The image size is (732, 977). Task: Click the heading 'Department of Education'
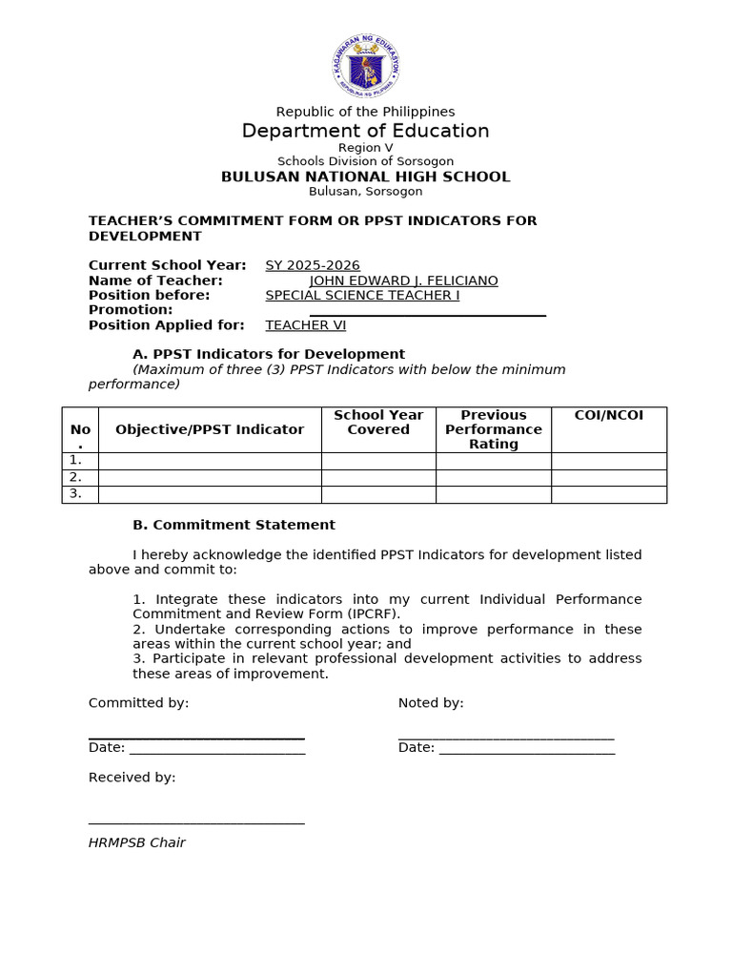365,131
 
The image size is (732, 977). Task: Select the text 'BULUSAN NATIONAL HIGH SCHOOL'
365,177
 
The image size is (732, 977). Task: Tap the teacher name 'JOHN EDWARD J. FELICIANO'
403,281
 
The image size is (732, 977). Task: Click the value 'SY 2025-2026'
313,265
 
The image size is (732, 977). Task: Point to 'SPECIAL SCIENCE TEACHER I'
362,295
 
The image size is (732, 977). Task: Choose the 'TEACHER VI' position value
305,325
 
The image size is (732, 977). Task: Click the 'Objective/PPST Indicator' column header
210,429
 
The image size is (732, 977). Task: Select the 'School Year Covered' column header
378,422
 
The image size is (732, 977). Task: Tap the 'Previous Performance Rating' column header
493,429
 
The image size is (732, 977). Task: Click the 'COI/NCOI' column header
609,415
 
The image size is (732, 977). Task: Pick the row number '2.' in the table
75,477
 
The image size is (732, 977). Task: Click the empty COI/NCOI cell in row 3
609,494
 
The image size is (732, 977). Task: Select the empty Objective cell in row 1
210,461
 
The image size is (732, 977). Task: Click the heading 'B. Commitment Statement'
234,525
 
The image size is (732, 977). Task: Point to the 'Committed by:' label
138,703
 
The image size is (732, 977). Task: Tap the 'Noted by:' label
431,703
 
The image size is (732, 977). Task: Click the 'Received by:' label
132,778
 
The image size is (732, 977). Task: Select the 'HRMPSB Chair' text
136,842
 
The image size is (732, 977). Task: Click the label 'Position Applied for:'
166,325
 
